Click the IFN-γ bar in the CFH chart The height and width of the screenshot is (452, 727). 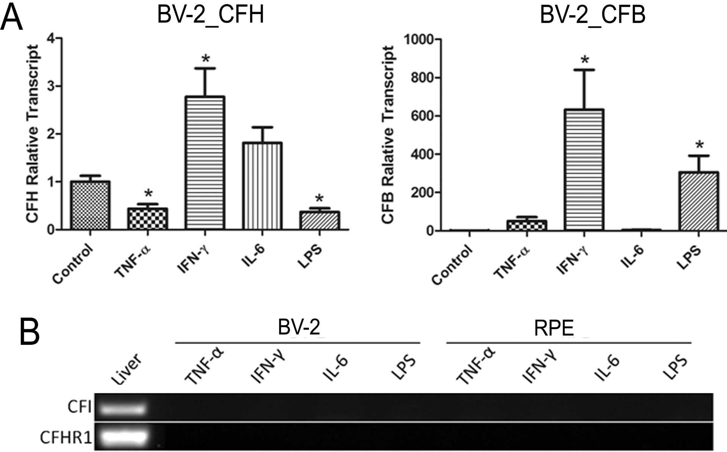point(205,163)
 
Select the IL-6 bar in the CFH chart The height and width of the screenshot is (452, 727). point(262,186)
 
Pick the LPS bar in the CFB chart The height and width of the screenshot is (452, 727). point(699,201)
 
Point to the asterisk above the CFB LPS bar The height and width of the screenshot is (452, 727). point(699,145)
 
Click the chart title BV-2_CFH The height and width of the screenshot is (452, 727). point(210,16)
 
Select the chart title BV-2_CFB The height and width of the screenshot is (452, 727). point(592,16)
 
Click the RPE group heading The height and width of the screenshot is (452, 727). point(554,329)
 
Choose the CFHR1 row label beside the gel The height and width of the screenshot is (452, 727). point(66,438)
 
